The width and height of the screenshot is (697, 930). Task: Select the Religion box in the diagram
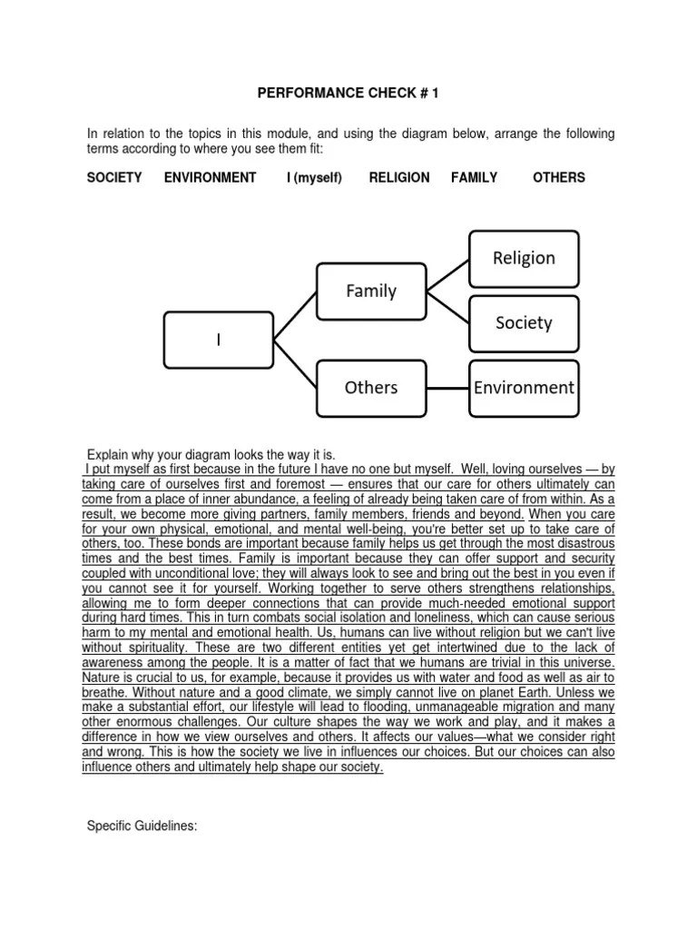524,258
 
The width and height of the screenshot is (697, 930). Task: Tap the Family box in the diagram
370,291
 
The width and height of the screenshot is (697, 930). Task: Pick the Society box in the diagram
524,322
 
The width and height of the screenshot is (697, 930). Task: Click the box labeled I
218,339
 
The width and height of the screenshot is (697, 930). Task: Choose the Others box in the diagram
370,387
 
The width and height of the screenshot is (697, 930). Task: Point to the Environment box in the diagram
524,388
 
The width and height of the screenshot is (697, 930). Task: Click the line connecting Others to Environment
447,388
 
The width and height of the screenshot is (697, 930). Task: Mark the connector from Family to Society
447,306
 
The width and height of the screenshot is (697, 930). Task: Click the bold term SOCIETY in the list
114,177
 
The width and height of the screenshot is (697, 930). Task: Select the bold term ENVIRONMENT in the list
210,177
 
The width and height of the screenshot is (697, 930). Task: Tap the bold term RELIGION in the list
399,177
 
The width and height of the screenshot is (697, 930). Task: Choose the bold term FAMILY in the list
474,177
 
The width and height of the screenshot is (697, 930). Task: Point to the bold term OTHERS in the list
559,177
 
